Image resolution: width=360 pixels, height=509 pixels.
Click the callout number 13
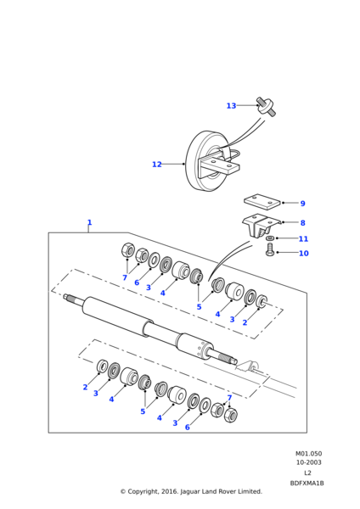231,106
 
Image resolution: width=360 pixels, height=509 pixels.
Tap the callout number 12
157,165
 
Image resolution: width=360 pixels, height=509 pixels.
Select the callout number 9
302,204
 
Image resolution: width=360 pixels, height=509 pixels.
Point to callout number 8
302,223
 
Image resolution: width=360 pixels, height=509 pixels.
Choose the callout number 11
303,239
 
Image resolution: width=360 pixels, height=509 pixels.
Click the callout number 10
303,253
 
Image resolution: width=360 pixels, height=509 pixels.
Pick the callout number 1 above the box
89,222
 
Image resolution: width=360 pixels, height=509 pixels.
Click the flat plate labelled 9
262,201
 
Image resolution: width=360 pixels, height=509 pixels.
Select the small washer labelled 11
269,238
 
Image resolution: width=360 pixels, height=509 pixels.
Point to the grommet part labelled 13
266,107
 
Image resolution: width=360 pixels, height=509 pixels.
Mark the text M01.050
308,454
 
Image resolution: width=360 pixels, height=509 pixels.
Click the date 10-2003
308,462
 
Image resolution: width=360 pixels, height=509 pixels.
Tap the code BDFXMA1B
307,484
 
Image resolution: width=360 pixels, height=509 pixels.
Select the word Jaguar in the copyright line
190,492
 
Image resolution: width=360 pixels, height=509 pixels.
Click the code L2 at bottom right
307,473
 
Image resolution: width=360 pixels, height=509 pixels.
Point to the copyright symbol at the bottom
123,492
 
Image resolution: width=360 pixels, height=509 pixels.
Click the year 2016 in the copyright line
170,492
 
